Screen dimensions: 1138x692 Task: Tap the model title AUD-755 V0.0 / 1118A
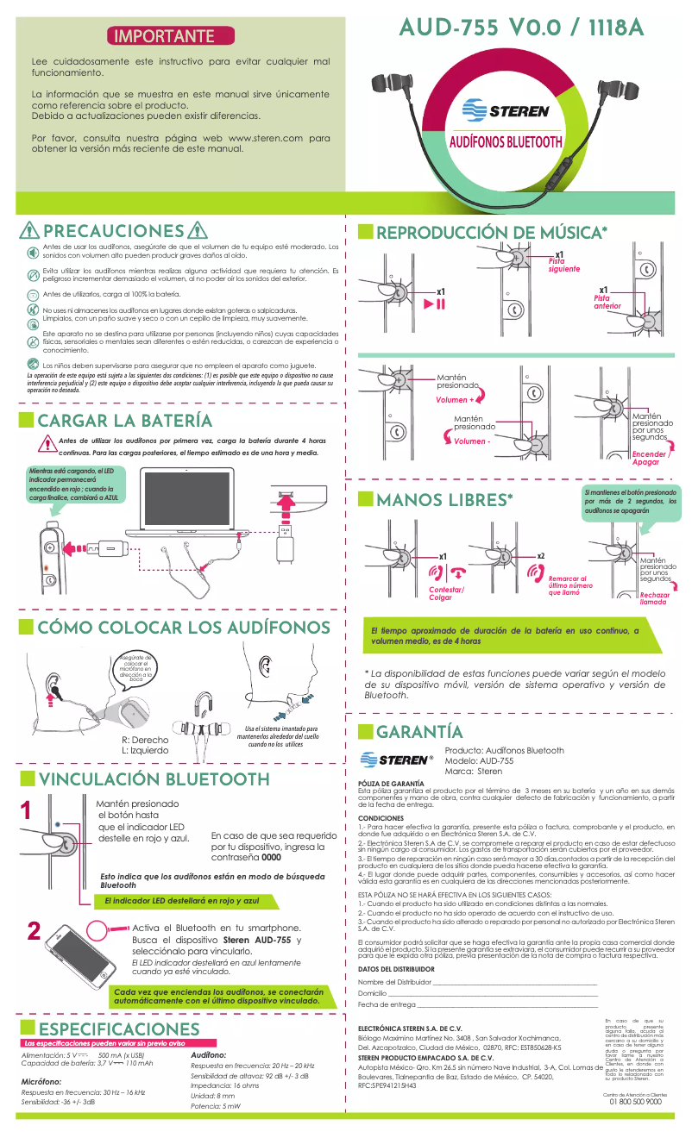pyautogui.click(x=522, y=28)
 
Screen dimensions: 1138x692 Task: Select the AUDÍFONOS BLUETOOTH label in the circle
pyautogui.click(x=506, y=142)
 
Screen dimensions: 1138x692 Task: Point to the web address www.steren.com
pyautogui.click(x=264, y=137)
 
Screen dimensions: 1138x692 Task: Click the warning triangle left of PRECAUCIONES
pyautogui.click(x=30, y=231)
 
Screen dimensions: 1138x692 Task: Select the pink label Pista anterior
pyautogui.click(x=607, y=302)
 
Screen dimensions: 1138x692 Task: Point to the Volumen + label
pyautogui.click(x=455, y=400)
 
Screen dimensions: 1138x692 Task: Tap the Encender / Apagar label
pyautogui.click(x=651, y=458)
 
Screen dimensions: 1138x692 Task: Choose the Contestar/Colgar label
pyautogui.click(x=446, y=593)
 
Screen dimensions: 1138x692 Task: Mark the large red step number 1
pyautogui.click(x=26, y=811)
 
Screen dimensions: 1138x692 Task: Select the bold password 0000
pyautogui.click(x=271, y=859)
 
